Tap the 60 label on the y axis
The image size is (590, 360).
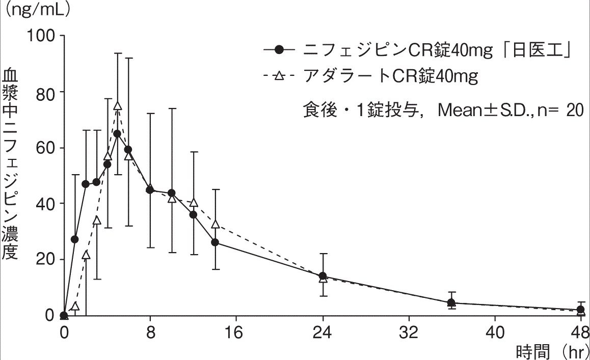tap(47, 148)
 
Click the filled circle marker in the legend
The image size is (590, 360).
tap(279, 49)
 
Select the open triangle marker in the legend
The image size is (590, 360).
tap(279, 77)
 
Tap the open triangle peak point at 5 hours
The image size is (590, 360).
tap(118, 105)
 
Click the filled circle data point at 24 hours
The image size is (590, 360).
tap(323, 276)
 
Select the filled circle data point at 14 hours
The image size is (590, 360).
tap(215, 242)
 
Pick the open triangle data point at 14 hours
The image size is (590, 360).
tap(215, 224)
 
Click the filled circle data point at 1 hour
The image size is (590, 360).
tap(75, 239)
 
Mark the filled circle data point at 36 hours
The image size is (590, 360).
tap(451, 303)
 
